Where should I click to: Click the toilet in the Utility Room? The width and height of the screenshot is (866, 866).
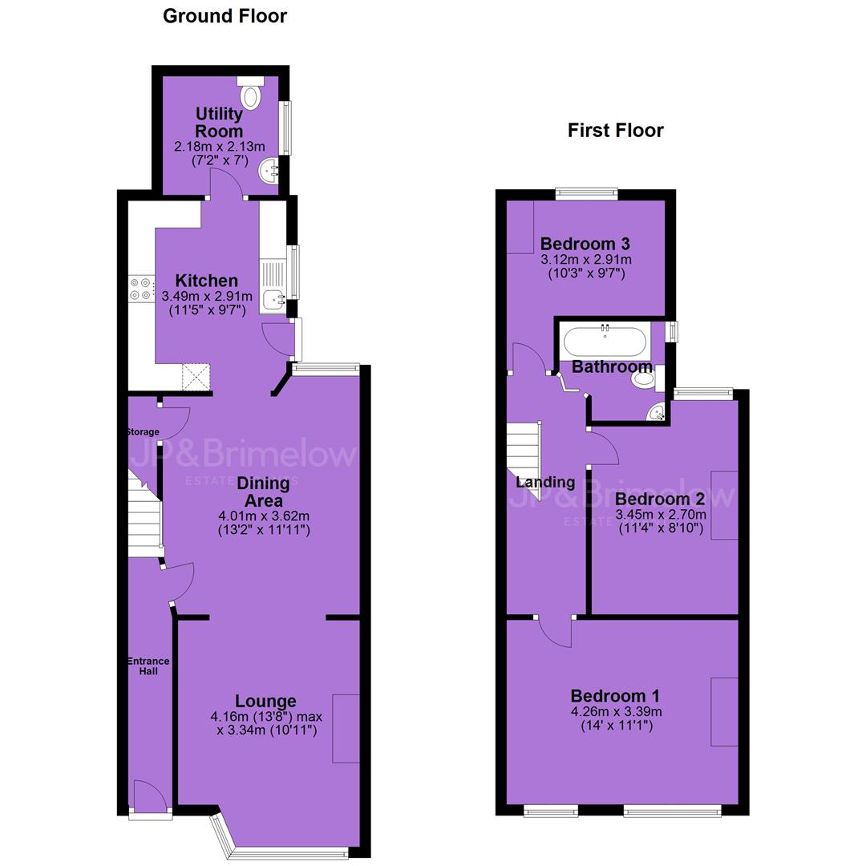(251, 93)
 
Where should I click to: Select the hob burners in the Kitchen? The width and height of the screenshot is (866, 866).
(140, 289)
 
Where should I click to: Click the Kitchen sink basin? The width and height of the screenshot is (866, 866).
(273, 301)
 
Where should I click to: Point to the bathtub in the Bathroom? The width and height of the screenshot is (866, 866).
(605, 342)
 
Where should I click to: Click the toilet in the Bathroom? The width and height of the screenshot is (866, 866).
(647, 378)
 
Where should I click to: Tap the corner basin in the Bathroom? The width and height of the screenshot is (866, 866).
(656, 413)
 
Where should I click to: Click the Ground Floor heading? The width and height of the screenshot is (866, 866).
(225, 16)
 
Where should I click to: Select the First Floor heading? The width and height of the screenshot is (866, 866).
(615, 131)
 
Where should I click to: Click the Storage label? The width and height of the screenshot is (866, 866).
(143, 432)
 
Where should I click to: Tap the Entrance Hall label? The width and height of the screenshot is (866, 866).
(148, 666)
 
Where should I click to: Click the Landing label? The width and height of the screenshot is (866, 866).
(545, 482)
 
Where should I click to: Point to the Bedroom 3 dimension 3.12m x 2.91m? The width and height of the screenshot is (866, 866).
(586, 260)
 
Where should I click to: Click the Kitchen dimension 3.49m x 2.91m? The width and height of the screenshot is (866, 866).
(207, 296)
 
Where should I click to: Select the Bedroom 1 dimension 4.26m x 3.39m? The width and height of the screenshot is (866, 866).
(617, 711)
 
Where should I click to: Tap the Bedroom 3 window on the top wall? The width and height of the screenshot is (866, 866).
(586, 193)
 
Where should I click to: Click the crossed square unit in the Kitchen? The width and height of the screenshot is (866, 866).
(196, 377)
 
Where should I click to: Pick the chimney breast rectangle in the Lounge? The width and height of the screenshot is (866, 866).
(346, 728)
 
